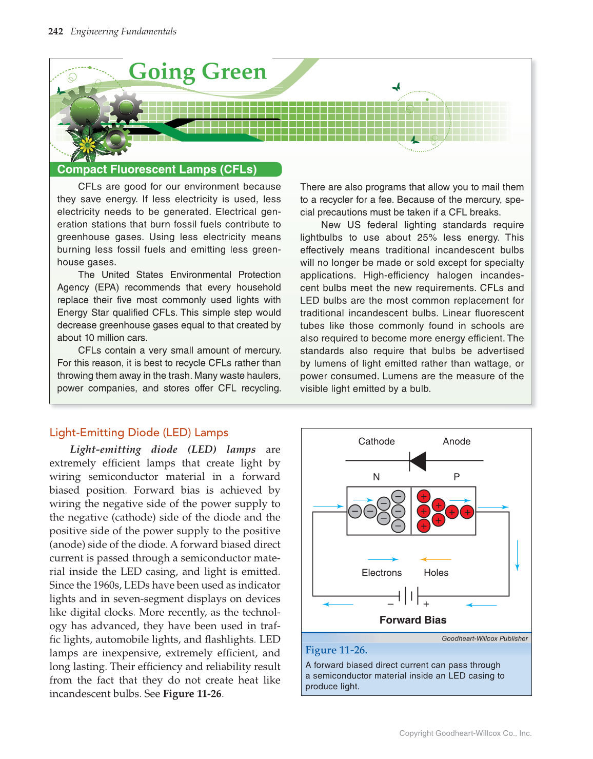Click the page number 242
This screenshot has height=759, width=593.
coord(55,32)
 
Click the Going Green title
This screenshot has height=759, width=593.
coord(197,72)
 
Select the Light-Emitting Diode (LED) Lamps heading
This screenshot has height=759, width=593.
coord(139,433)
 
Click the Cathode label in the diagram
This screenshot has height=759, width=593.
coord(377,441)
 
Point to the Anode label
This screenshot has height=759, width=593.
coord(457,441)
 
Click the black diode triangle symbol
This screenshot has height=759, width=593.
coord(418,461)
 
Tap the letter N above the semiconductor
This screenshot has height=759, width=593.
coord(377,477)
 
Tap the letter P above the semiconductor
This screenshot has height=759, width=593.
coord(457,477)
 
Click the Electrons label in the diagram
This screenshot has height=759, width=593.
coord(382,573)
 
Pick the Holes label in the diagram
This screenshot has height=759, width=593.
coord(436,573)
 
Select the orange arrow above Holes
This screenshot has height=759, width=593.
coord(436,559)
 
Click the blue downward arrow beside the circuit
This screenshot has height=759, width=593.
coord(517,555)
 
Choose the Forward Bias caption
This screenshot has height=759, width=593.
coord(413,620)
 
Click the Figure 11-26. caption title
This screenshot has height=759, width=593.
coord(336,650)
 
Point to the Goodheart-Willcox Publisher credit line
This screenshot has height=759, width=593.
coord(484,638)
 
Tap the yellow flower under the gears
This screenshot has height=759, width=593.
coord(88,146)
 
